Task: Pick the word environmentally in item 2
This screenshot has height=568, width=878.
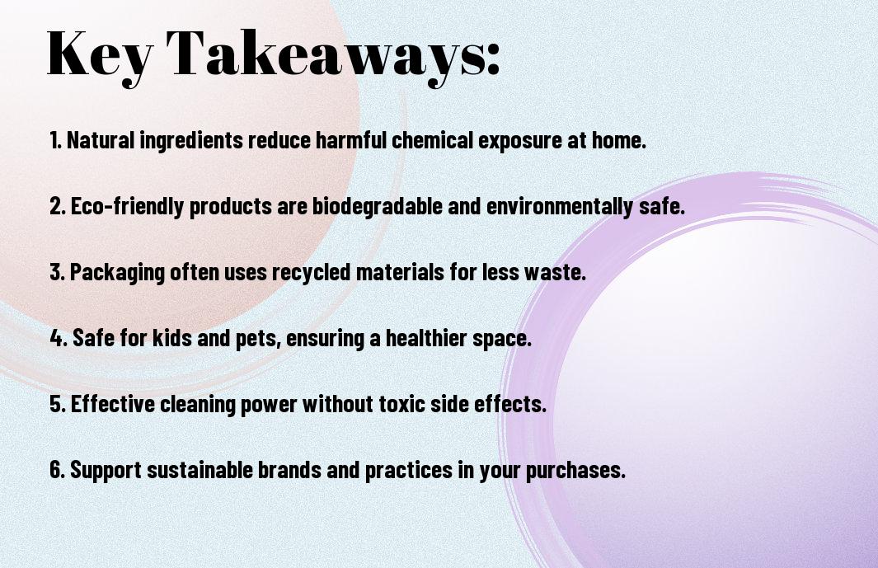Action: pyautogui.click(x=560, y=206)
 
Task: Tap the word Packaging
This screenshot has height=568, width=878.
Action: pyautogui.click(x=117, y=273)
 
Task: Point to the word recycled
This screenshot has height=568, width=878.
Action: pyautogui.click(x=311, y=273)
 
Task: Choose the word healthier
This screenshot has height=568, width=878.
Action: pyautogui.click(x=426, y=338)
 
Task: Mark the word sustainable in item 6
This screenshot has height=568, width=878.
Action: pyautogui.click(x=200, y=470)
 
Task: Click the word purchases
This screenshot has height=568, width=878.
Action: pyautogui.click(x=575, y=471)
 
